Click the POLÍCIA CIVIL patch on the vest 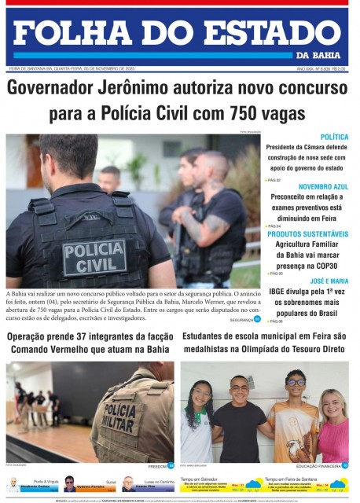[94, 256]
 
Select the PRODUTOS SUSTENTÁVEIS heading [308, 234]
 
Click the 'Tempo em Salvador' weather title [201, 478]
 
